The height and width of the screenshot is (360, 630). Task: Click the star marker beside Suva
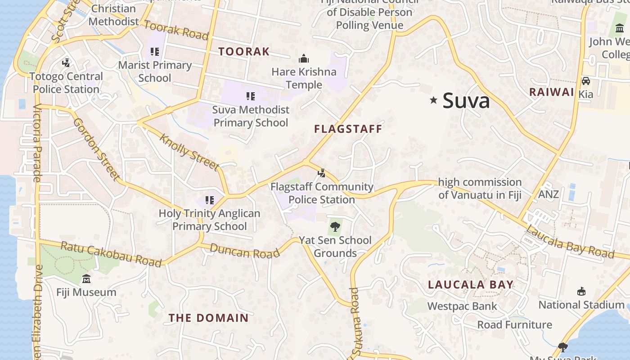point(433,100)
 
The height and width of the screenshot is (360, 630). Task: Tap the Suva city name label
point(466,100)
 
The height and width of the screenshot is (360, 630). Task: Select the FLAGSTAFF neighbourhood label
point(348,129)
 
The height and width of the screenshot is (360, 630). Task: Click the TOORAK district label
point(244,52)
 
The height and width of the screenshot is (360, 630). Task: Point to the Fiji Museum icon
point(86,279)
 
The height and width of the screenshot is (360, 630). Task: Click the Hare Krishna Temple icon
point(304,59)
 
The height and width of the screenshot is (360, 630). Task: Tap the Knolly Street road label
point(189,153)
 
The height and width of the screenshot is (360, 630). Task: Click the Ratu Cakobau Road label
point(111,253)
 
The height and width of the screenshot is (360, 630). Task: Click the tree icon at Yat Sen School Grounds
point(334,227)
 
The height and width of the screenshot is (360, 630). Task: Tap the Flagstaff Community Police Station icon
point(321,173)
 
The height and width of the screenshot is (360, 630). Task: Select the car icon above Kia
point(585,81)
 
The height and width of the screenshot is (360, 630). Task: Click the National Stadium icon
point(581,292)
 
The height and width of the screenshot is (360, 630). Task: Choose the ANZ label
point(549,194)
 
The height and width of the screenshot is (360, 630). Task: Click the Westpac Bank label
point(462,306)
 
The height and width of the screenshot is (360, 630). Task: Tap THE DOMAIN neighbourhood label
point(208,318)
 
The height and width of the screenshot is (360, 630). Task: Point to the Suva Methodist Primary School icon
point(251,96)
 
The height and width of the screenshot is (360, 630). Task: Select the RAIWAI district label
point(551,92)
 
